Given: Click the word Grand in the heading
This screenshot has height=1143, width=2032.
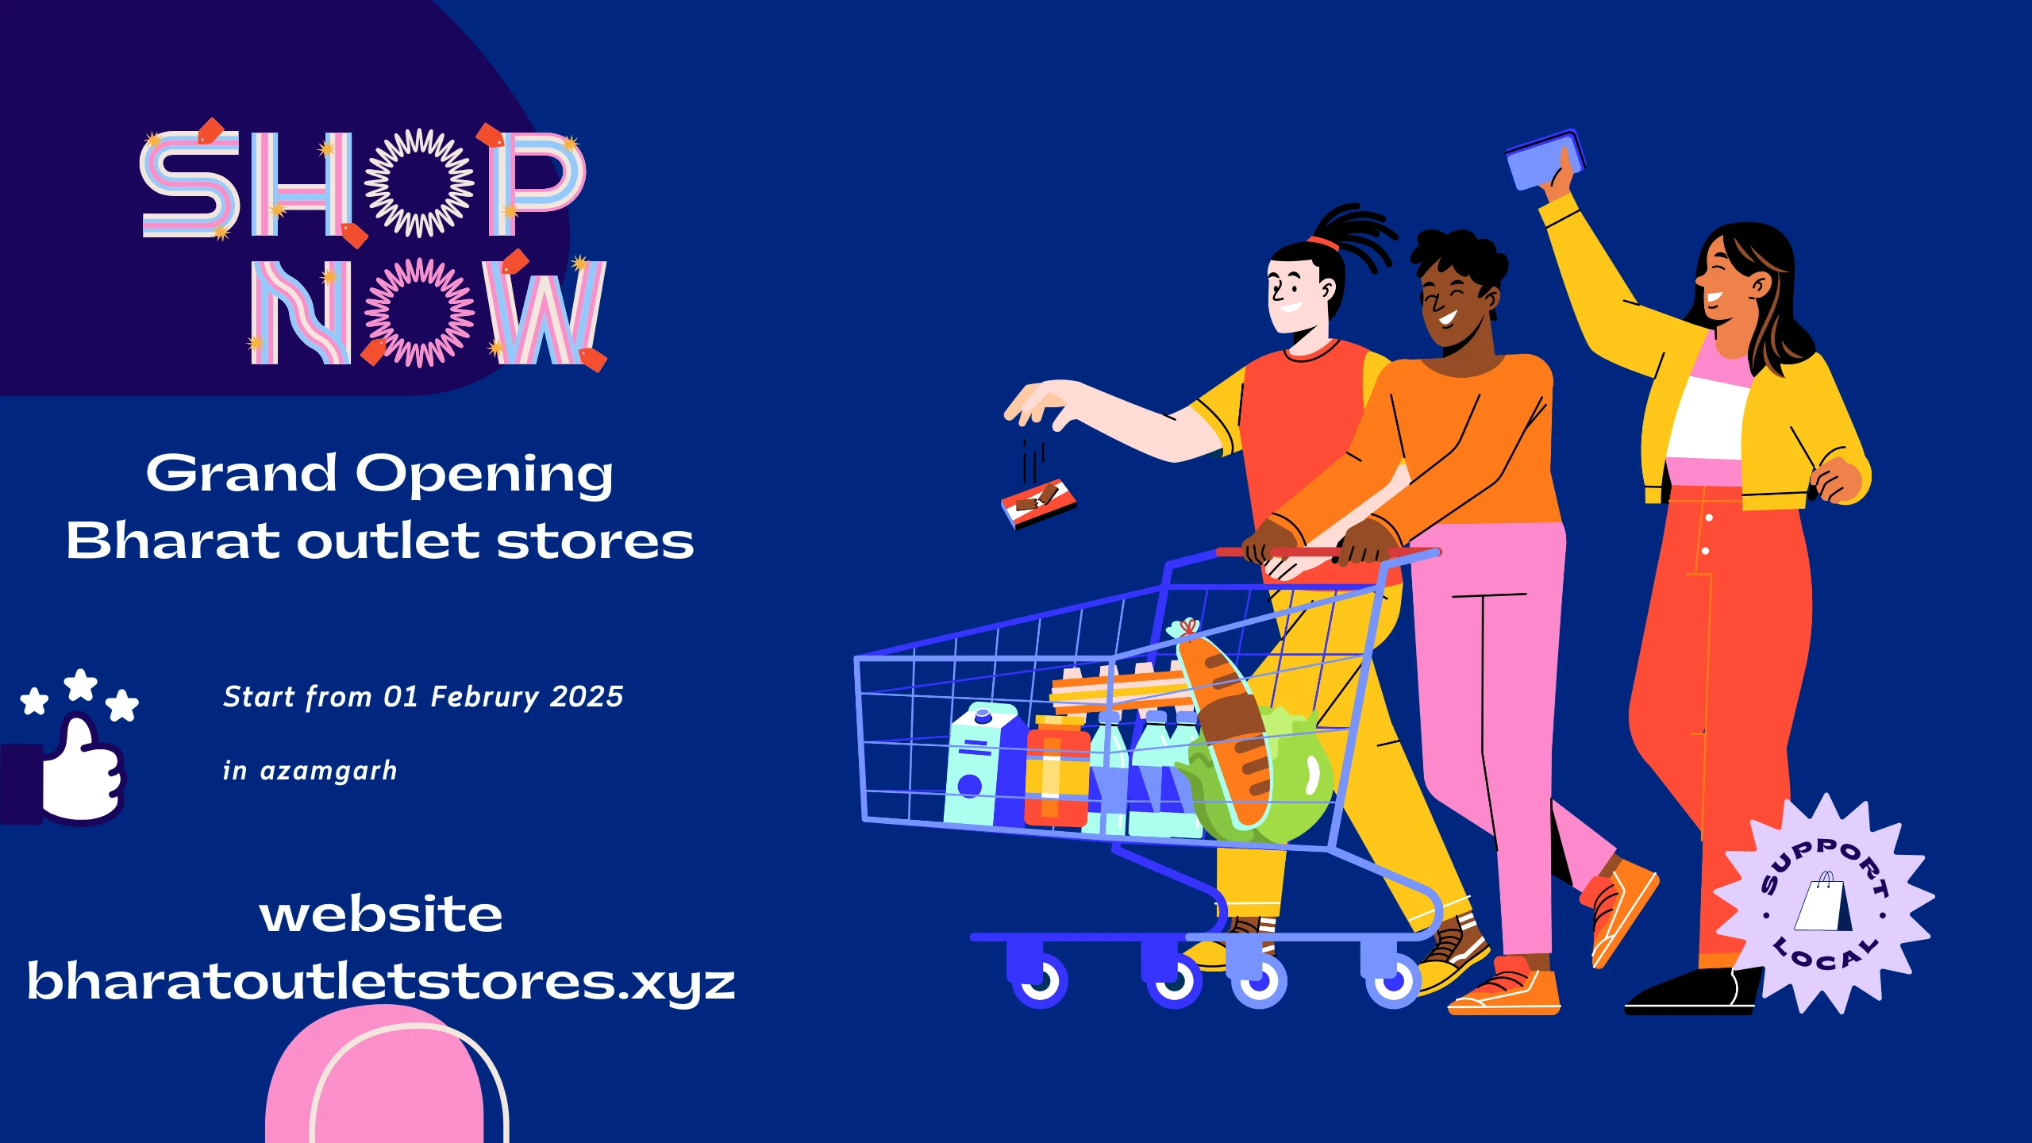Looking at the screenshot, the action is click(x=241, y=474).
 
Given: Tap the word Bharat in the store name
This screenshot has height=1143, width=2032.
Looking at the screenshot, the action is click(x=172, y=541).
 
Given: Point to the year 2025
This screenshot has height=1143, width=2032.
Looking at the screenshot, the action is click(x=587, y=697).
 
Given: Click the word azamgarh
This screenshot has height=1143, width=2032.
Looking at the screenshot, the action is click(x=329, y=772).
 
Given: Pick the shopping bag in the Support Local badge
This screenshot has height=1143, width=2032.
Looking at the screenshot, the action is click(x=1823, y=902).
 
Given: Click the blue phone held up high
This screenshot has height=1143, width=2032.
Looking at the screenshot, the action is click(x=1544, y=161).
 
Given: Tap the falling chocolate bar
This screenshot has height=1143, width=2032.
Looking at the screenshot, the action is click(x=1038, y=502).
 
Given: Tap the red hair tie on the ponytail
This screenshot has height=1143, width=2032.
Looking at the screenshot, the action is click(x=1323, y=241).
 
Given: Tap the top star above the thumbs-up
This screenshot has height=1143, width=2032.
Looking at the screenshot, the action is click(x=80, y=684).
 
